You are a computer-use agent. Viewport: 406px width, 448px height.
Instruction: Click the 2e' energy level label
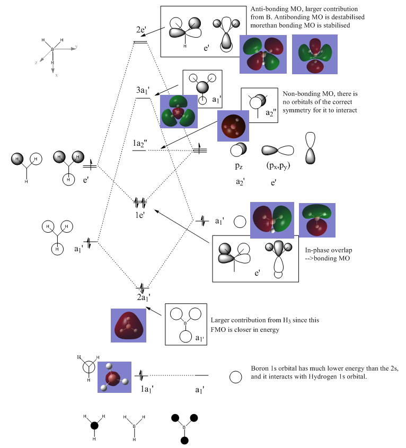tap(140, 30)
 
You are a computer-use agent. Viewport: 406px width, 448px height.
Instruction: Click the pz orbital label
tap(239, 166)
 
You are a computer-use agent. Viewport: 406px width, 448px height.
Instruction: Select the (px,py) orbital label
tap(277, 166)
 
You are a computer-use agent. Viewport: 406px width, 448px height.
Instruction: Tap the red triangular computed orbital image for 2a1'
tap(128, 325)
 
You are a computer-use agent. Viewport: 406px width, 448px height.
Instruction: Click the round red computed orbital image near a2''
tap(233, 125)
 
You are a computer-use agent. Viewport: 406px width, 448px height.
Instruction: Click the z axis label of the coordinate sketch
tap(36, 63)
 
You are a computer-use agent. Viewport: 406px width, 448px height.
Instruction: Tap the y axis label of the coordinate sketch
tap(76, 46)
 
